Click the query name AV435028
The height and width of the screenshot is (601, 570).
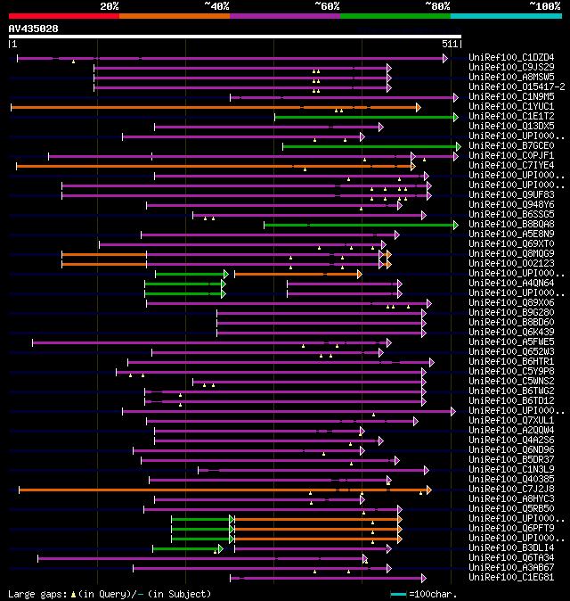pos(34,29)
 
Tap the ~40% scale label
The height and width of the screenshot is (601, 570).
pos(216,5)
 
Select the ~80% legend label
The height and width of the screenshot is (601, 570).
pos(437,5)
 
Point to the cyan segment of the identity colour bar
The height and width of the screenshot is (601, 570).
pos(505,15)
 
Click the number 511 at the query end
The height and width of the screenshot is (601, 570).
pos(450,43)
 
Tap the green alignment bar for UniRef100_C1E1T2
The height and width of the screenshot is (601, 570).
pos(365,117)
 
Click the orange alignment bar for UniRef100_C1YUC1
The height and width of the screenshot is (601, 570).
pos(214,107)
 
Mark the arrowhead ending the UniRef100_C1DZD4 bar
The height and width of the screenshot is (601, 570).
pos(444,58)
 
